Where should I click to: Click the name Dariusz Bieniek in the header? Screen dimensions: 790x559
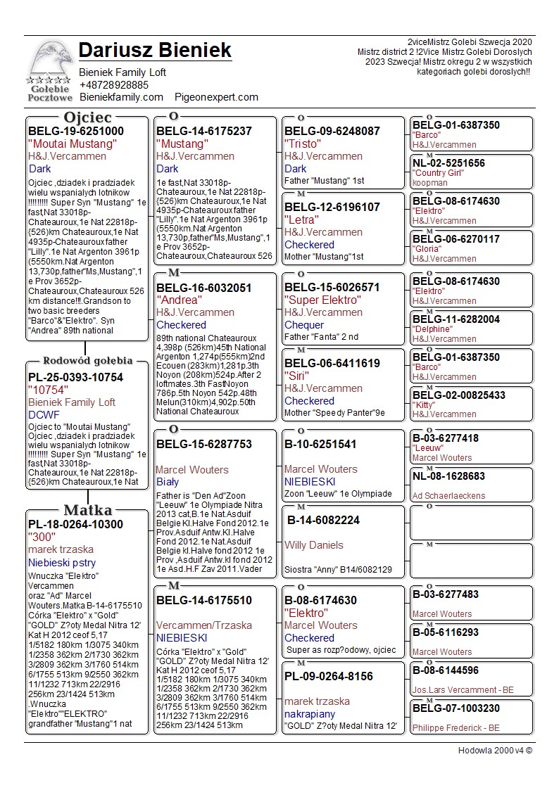click(155, 51)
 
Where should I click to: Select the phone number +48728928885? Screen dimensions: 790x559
click(113, 84)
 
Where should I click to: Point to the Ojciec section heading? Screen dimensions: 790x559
click(87, 117)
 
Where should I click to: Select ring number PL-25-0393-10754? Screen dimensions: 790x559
click(75, 378)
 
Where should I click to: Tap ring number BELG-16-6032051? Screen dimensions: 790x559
click(203, 288)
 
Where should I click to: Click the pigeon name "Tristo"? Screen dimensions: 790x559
click(302, 144)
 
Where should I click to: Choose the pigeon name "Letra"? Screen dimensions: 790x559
click(301, 219)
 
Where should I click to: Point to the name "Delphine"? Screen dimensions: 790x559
click(432, 329)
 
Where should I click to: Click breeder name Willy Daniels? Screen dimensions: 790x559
click(314, 545)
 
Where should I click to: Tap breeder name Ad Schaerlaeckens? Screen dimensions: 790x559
click(448, 496)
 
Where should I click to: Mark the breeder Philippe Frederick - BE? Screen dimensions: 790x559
click(456, 727)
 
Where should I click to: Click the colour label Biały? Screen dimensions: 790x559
click(168, 482)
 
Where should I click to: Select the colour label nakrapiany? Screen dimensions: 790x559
click(310, 714)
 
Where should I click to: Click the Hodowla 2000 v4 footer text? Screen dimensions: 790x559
click(495, 751)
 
